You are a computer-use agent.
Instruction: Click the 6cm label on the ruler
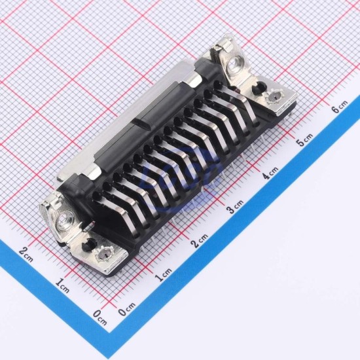pyautogui.click(x=340, y=107)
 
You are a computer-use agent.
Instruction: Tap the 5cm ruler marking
pyautogui.click(x=305, y=139)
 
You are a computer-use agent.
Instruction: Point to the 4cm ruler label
pyautogui.click(x=270, y=173)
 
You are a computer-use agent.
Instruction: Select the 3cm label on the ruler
pyautogui.click(x=234, y=206)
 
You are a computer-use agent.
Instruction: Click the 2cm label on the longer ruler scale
pyautogui.click(x=200, y=240)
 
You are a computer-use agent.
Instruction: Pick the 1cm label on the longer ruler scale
pyautogui.click(x=164, y=274)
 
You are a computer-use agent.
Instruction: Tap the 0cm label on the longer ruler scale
pyautogui.click(x=127, y=308)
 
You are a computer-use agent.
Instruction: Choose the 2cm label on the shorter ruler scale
pyautogui.click(x=26, y=254)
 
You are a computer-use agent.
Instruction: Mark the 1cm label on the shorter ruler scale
pyautogui.click(x=62, y=285)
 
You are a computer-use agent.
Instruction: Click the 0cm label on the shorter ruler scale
pyautogui.click(x=100, y=317)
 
